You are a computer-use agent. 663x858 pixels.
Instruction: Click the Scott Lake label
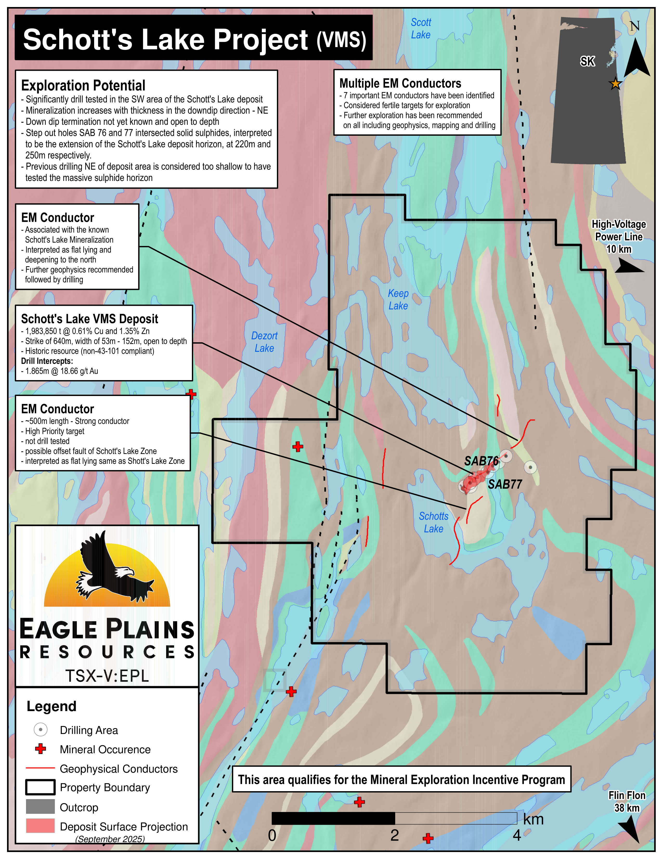point(421,28)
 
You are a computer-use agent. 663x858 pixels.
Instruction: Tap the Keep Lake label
point(398,299)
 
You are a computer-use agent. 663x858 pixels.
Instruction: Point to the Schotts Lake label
point(433,522)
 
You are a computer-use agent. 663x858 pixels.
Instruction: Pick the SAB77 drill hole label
point(505,484)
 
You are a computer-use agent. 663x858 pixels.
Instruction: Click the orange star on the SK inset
point(615,84)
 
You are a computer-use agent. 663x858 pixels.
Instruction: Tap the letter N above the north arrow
point(634,26)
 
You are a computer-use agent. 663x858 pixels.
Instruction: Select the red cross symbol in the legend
point(41,749)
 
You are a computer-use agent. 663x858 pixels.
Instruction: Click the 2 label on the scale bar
point(394,835)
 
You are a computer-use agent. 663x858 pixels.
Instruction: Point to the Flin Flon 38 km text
point(627,801)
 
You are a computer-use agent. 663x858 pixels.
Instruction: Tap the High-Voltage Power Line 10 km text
point(619,237)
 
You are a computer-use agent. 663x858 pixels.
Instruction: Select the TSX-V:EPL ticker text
point(107,676)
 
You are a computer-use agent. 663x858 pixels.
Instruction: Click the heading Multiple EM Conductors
point(400,83)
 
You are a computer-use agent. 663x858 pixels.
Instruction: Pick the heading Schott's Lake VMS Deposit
point(89,318)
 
